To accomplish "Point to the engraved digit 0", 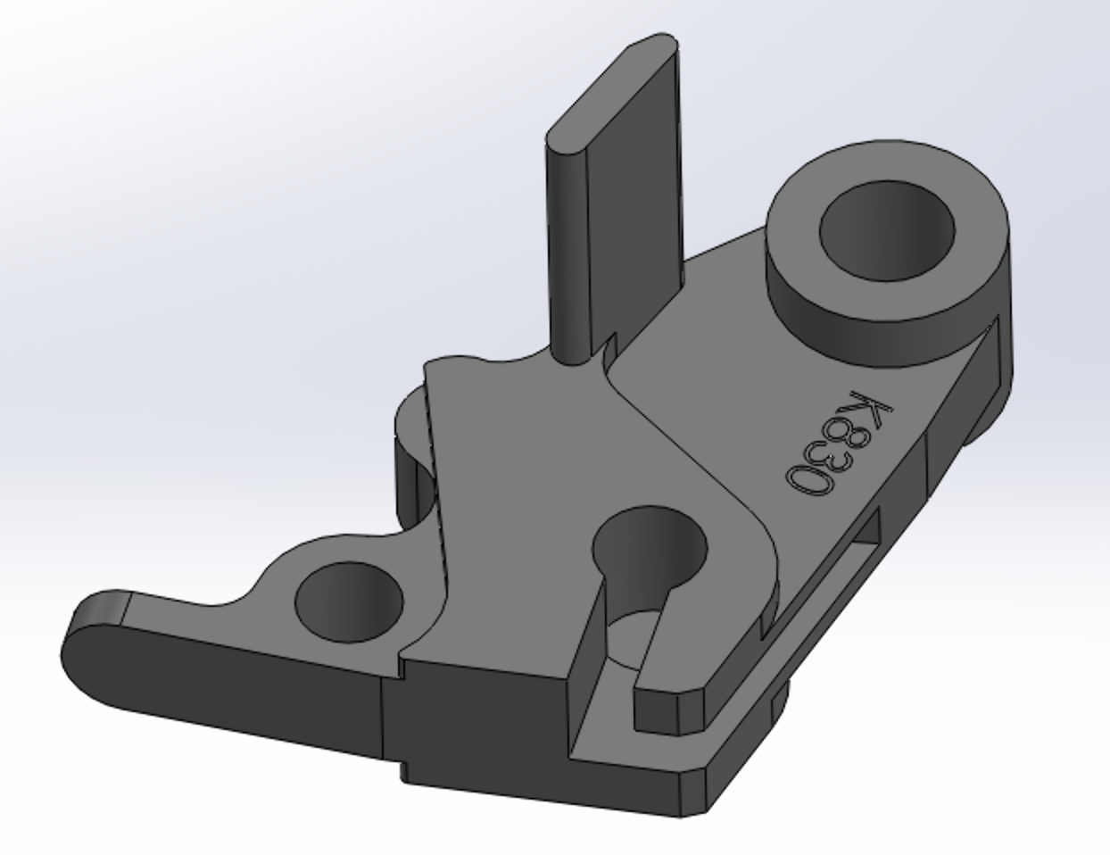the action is click(x=808, y=480).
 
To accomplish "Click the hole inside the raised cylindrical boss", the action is click(x=887, y=230).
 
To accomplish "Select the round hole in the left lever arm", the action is click(x=350, y=602).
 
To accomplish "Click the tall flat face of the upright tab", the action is click(x=634, y=204).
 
